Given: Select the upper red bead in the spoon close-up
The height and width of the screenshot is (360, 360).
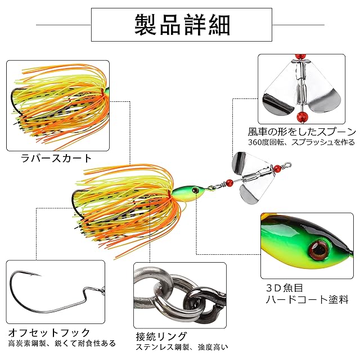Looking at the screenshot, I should tap(299, 58).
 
